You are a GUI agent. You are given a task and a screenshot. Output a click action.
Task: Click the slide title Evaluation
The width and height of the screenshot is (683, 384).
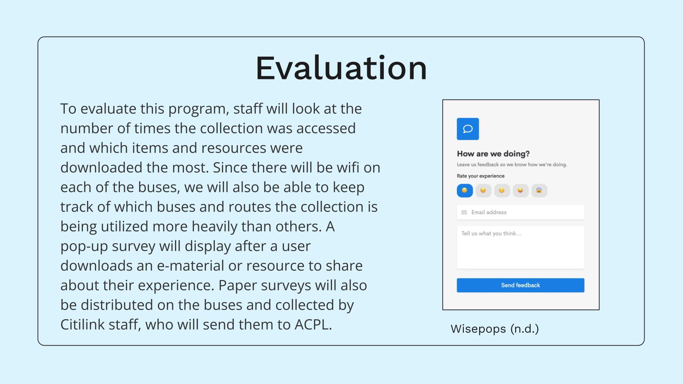click(341, 68)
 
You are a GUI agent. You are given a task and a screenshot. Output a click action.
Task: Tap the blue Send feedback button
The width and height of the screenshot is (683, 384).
click(520, 285)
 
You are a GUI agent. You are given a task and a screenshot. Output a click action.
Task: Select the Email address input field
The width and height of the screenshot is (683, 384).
click(520, 212)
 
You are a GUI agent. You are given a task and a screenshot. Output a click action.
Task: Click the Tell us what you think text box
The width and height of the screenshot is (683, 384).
click(520, 247)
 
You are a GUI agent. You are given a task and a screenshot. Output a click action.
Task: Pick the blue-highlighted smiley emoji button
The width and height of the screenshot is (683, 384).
click(465, 191)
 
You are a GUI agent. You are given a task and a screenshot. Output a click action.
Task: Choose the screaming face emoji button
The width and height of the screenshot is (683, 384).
click(539, 191)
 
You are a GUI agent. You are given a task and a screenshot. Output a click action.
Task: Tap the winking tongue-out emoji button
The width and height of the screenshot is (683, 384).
click(520, 191)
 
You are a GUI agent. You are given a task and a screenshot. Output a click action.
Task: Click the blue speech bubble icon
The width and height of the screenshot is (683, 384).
click(468, 129)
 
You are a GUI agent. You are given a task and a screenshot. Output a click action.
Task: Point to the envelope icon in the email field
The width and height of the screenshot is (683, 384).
click(464, 212)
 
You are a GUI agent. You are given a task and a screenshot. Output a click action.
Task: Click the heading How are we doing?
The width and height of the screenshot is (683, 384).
click(493, 154)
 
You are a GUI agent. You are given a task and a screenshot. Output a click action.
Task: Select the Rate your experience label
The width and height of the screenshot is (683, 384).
click(481, 176)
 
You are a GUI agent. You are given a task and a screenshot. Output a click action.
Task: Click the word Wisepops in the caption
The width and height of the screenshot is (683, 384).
click(478, 329)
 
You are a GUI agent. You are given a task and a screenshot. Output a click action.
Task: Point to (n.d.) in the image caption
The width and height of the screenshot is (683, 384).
click(525, 329)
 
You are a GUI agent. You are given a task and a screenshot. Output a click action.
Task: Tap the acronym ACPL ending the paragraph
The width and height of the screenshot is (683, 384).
click(312, 324)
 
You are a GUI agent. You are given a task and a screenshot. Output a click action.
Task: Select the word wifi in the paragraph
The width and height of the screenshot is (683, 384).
click(343, 167)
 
